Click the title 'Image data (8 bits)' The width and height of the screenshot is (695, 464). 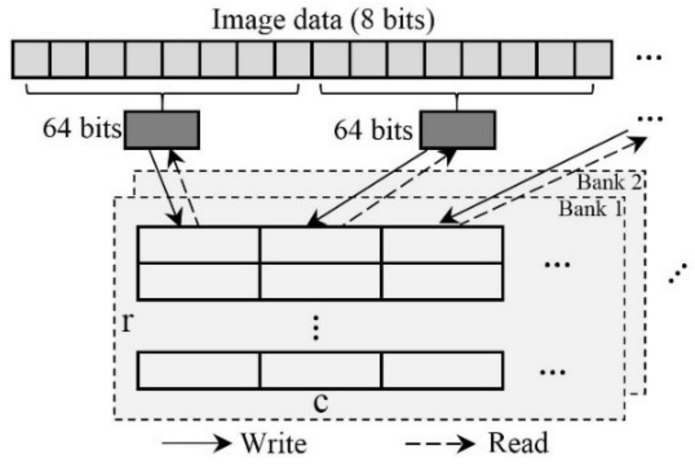(323, 20)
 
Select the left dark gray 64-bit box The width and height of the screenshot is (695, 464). (162, 130)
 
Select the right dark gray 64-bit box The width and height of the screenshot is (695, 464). (457, 130)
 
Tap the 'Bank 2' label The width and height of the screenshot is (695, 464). (610, 182)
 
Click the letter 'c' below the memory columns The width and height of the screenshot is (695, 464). (321, 402)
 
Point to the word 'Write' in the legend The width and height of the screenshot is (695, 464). (274, 444)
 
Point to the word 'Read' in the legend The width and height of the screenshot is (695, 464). (518, 443)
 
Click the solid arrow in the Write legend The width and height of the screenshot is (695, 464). (196, 444)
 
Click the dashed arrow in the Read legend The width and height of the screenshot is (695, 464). (439, 444)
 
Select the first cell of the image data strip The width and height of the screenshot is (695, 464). (31, 59)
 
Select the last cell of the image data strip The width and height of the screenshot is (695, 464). (593, 59)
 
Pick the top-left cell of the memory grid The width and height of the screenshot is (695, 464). (198, 245)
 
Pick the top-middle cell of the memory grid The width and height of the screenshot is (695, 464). (320, 245)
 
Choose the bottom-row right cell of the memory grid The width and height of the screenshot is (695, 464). (442, 370)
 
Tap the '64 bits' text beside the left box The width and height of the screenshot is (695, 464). (82, 128)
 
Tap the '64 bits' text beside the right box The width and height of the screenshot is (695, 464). (373, 130)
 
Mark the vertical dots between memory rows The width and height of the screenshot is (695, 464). (316, 327)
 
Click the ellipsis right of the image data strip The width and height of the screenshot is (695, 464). (649, 58)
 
